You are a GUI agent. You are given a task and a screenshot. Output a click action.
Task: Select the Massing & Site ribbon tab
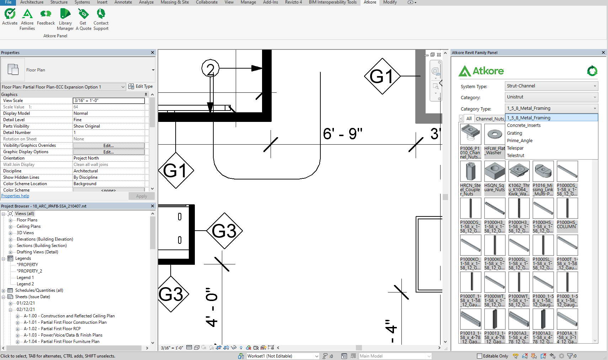point(175,2)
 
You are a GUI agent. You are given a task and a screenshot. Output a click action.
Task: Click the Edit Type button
point(141,86)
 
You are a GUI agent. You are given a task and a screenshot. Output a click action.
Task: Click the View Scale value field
point(109,101)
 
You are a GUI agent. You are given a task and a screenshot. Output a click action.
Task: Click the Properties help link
point(15,196)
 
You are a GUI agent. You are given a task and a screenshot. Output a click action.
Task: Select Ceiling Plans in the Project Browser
point(28,226)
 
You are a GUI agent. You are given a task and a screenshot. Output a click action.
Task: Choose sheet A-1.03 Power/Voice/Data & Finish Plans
point(63,335)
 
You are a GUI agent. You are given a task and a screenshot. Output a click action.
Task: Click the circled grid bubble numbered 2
point(210,69)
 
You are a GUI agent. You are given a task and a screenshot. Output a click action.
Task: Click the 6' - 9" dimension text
point(342,134)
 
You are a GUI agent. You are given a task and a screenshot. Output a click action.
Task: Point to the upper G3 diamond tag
point(224,231)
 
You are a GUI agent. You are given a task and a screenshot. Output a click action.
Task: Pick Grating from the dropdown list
point(514,133)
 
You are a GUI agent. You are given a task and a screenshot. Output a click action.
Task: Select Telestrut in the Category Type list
point(516,156)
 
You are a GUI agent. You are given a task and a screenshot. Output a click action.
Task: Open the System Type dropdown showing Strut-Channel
point(551,86)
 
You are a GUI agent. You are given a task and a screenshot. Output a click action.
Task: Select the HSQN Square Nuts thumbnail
point(495,171)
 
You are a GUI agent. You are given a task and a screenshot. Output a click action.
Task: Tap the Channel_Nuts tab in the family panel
point(490,119)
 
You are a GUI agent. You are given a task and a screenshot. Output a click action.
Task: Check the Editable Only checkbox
point(480,356)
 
